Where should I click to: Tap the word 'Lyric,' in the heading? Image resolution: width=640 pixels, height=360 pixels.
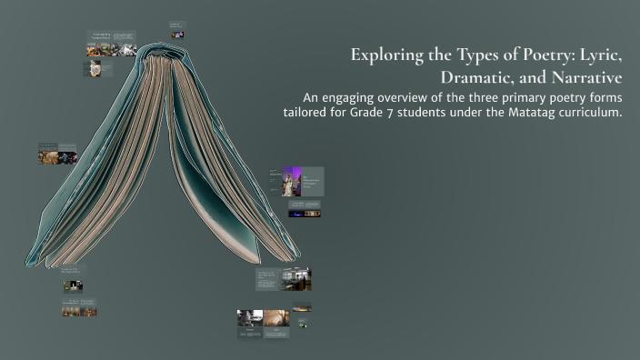(601, 55)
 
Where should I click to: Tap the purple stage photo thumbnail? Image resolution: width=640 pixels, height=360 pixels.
(291, 181)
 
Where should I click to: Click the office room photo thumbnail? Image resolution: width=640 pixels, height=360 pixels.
(296, 278)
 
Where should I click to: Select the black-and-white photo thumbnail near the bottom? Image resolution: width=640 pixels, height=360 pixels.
(250, 317)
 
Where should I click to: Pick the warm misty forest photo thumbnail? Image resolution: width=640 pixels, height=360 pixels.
(276, 317)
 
